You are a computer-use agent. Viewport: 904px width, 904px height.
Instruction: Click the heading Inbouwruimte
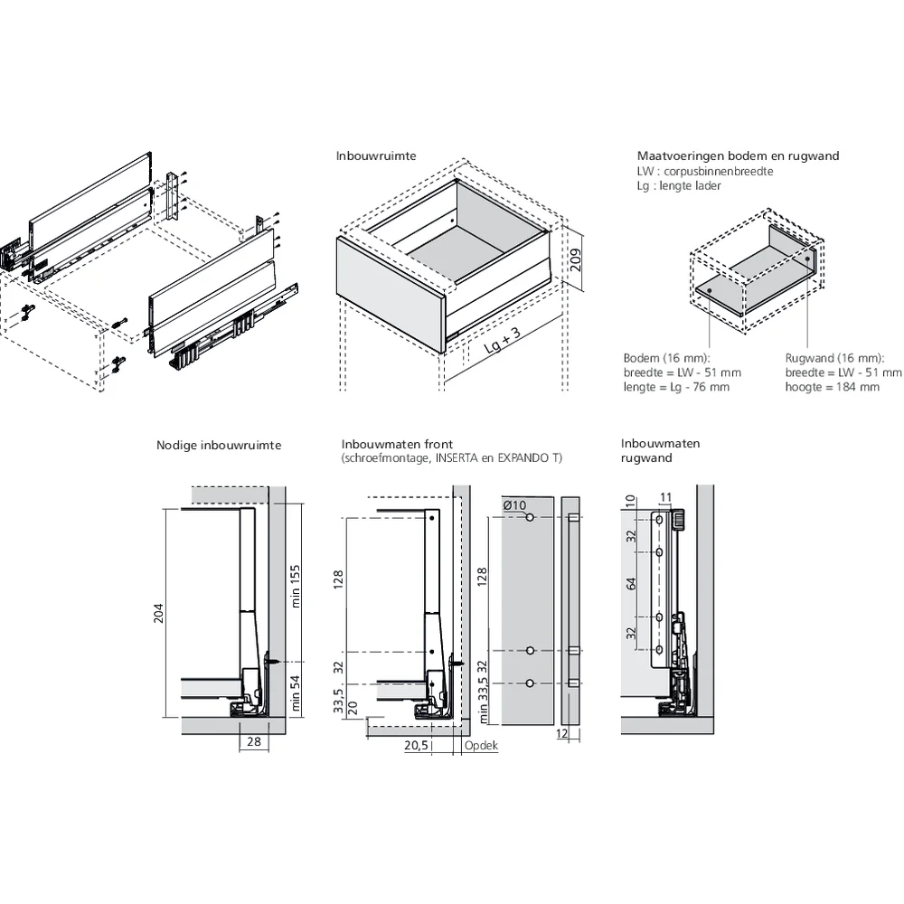[x=375, y=155]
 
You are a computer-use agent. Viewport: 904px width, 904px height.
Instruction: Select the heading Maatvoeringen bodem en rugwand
[x=738, y=155]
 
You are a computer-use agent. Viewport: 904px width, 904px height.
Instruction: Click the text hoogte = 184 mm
[x=831, y=387]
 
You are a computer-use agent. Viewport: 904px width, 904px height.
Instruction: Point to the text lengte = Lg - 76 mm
[x=675, y=387]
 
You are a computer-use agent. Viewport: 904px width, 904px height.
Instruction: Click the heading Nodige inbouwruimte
[x=219, y=445]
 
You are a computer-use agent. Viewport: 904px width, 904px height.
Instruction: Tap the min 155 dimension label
[x=295, y=588]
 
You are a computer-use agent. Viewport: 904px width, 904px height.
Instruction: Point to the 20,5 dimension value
[x=416, y=746]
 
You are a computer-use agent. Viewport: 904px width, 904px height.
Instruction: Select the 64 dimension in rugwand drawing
[x=631, y=584]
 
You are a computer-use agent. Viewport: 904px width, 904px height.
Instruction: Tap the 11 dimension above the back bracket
[x=665, y=497]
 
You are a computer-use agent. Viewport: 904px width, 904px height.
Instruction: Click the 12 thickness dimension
[x=561, y=734]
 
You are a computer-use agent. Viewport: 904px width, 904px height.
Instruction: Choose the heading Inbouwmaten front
[x=391, y=444]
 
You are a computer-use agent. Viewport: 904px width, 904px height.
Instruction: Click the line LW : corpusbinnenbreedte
[x=704, y=170]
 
